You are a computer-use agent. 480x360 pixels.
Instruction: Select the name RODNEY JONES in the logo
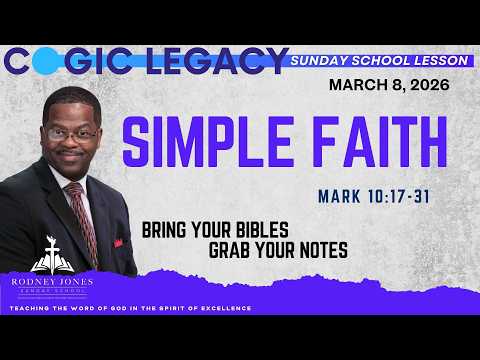[50, 281]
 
